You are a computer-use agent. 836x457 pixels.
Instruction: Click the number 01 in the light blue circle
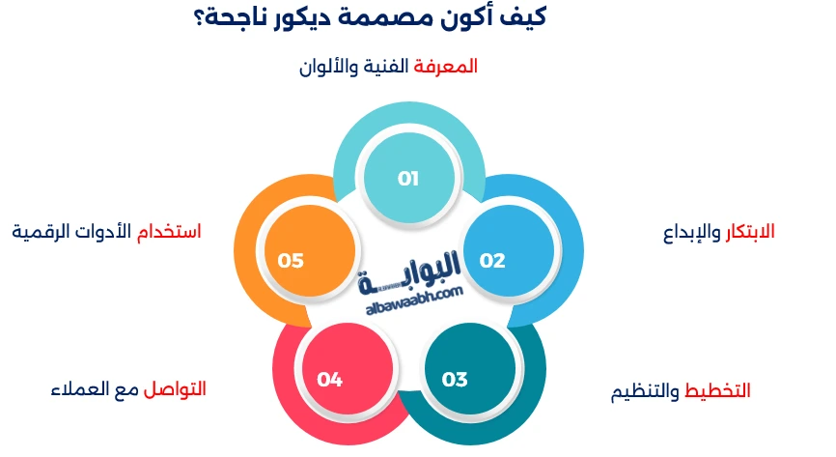(x=407, y=179)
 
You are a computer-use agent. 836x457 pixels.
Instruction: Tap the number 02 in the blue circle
(x=492, y=261)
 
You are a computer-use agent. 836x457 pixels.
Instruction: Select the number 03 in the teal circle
(x=455, y=379)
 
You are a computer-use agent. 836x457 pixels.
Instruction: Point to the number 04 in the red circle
(x=329, y=379)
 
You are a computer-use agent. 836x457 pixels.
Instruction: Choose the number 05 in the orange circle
(x=291, y=261)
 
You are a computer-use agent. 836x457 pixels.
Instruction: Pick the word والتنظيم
(x=646, y=392)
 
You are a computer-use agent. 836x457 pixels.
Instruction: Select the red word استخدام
(x=171, y=232)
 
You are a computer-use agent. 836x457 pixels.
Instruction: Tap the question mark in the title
(x=202, y=18)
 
